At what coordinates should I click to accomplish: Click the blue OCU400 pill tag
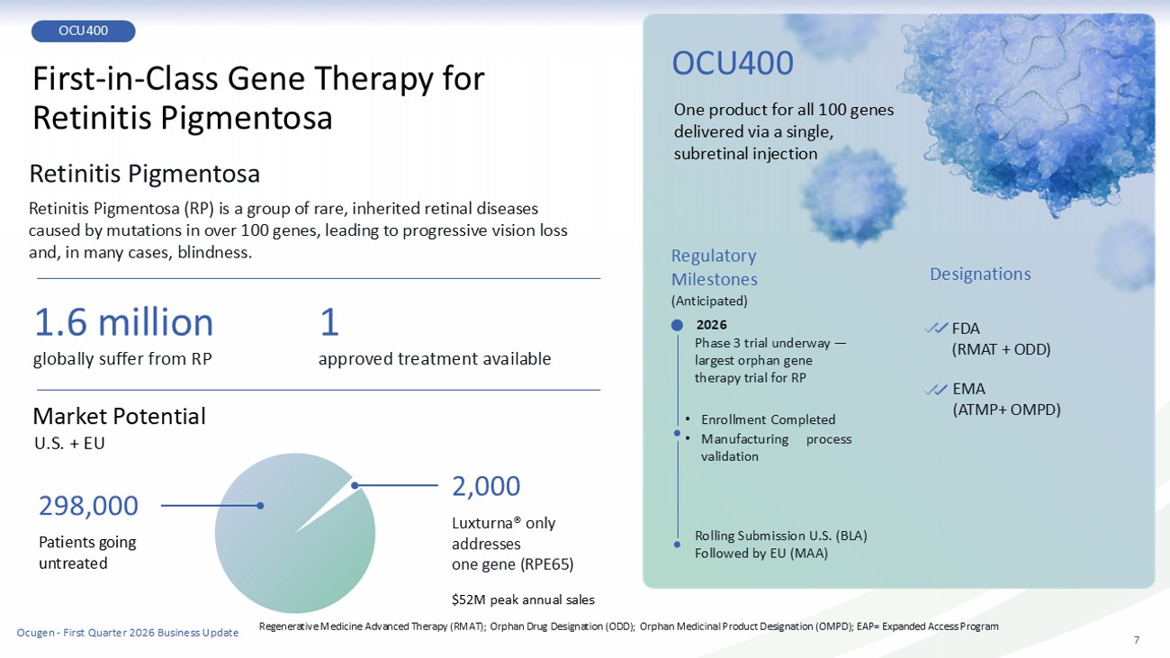[x=83, y=31]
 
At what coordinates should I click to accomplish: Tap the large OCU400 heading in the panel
[x=733, y=63]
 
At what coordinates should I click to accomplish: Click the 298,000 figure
[x=88, y=506]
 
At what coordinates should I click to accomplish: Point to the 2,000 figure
[x=486, y=486]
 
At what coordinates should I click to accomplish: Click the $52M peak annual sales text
[x=523, y=599]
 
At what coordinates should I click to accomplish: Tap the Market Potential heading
[x=119, y=416]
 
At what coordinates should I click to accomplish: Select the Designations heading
[x=980, y=274]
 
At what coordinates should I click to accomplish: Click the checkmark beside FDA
[x=935, y=328]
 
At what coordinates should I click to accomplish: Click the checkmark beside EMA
[x=935, y=389]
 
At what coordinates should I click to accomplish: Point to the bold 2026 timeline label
[x=711, y=325]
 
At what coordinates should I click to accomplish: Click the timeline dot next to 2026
[x=677, y=325]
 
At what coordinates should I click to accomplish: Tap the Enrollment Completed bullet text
[x=768, y=419]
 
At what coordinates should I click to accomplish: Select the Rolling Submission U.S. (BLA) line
[x=780, y=536]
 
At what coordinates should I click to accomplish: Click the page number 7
[x=1137, y=640]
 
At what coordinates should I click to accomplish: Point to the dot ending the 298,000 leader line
[x=260, y=506]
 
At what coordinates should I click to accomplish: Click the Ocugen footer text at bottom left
[x=128, y=633]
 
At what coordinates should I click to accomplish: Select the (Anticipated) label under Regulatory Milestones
[x=709, y=301]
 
